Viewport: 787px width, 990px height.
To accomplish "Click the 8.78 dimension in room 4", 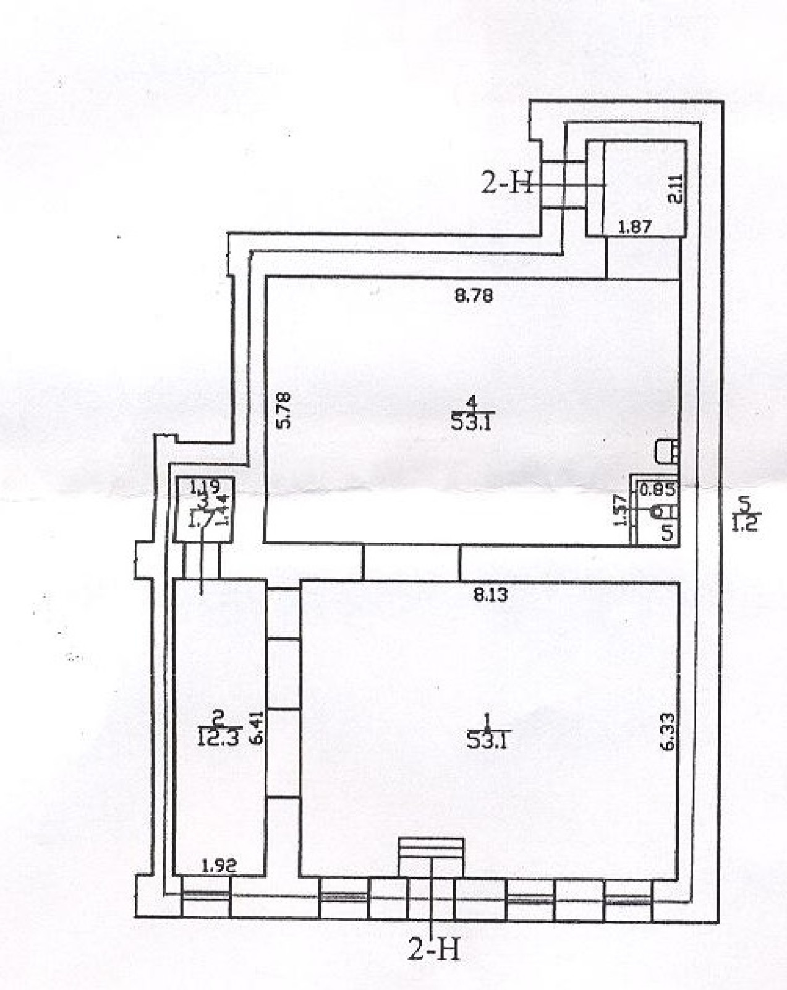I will (x=474, y=296).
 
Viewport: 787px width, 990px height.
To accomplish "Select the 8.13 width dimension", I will (x=490, y=595).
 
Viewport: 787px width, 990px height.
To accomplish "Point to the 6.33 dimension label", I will (x=667, y=732).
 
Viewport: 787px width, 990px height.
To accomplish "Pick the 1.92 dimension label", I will (x=219, y=866).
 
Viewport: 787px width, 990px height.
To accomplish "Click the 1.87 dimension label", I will (x=635, y=226).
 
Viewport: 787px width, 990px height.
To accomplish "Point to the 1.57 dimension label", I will (x=620, y=512).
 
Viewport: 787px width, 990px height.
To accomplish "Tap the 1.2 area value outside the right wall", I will (x=744, y=527).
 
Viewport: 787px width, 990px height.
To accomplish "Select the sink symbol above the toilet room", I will (x=666, y=450).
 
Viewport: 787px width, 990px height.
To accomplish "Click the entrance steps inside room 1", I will (x=431, y=856).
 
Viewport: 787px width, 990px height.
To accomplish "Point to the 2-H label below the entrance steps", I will (x=434, y=947).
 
